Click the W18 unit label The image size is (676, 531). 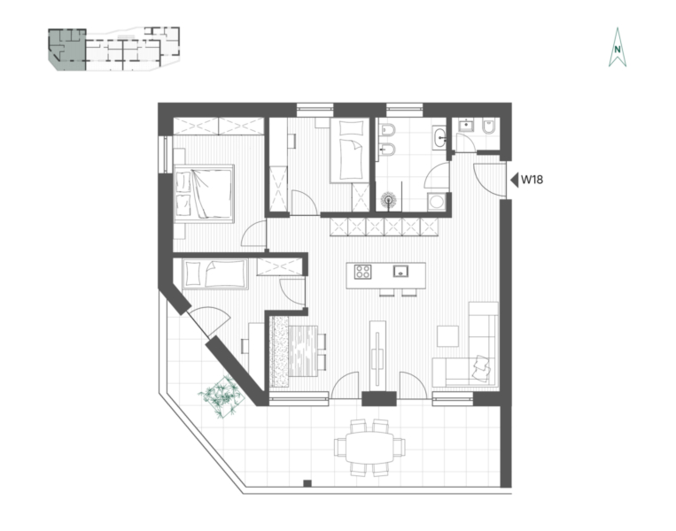[532, 180]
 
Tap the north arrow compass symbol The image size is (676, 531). [618, 48]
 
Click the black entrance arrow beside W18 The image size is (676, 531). [514, 180]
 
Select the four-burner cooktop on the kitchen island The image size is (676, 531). [362, 272]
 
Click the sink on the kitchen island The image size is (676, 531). [400, 271]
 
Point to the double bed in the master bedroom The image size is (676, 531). [204, 193]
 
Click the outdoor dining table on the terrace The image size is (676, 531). [370, 448]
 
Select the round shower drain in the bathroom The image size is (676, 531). [389, 200]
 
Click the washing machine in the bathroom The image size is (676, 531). [436, 202]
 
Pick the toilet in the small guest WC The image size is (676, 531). [488, 126]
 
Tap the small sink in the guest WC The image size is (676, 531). [466, 126]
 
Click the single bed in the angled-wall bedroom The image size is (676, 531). [215, 273]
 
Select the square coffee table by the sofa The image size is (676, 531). [447, 336]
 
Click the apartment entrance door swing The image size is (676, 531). [489, 180]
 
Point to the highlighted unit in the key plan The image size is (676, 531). [67, 50]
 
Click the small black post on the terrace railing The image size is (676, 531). [307, 483]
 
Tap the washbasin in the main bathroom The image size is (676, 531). [439, 138]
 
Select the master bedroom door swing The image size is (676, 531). [254, 234]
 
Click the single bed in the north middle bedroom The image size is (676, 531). [350, 150]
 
